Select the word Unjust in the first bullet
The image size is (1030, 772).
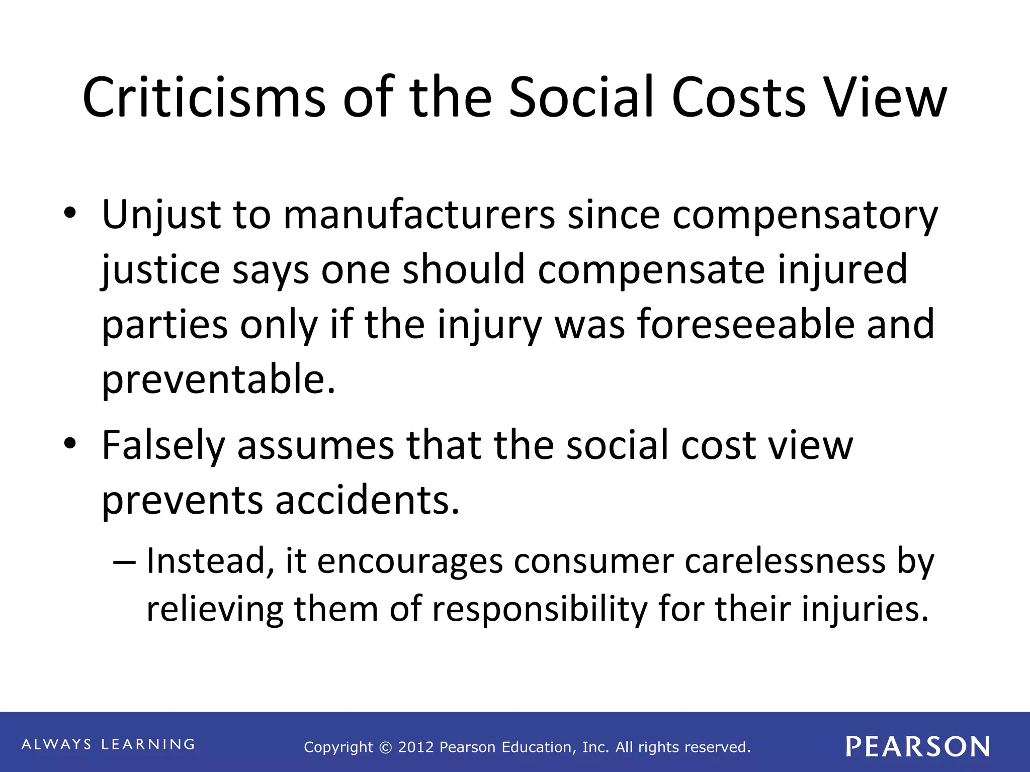(x=160, y=215)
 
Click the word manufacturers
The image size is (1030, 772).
(x=418, y=215)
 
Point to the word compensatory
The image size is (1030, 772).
(x=805, y=215)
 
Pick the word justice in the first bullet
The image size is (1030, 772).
(x=160, y=270)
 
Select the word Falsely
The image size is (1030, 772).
(x=163, y=446)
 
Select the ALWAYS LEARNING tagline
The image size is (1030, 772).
(x=108, y=744)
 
